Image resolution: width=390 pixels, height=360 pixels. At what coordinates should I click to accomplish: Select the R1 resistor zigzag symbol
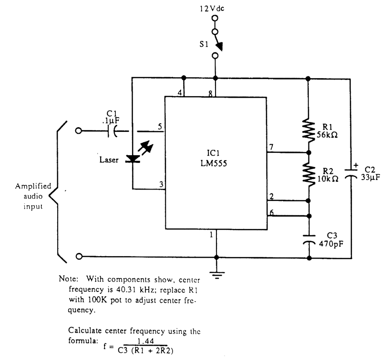tap(308, 129)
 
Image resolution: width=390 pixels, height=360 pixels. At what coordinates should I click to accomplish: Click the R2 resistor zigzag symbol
tap(308, 174)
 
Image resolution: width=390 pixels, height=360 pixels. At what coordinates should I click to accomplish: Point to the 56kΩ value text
tap(327, 135)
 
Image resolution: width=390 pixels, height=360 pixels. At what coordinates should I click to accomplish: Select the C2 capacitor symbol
tap(351, 174)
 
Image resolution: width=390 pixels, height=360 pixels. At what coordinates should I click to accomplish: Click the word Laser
tap(108, 160)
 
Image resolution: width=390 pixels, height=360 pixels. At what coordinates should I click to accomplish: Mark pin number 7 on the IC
tap(271, 148)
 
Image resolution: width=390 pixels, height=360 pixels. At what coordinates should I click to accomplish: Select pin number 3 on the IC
tap(161, 185)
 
